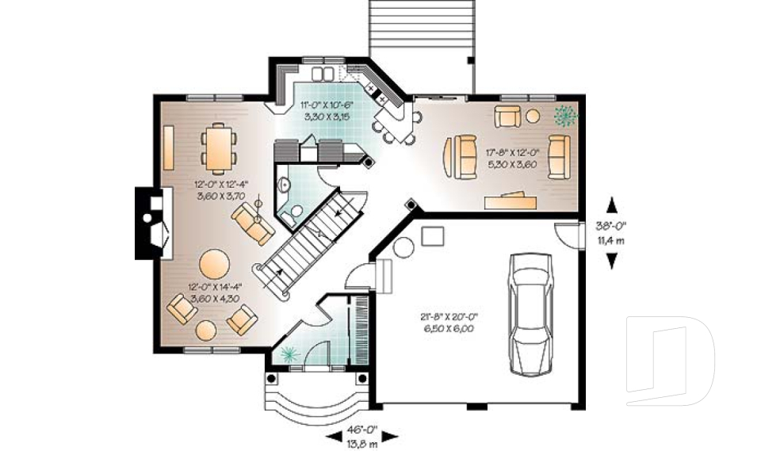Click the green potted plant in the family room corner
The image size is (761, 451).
[565, 117]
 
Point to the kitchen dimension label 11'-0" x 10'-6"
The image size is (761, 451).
[327, 110]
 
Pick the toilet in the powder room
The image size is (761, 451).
[295, 212]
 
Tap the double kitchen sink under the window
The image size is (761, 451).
[323, 75]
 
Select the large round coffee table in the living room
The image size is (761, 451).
[215, 263]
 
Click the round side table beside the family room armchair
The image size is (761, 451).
[533, 117]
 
